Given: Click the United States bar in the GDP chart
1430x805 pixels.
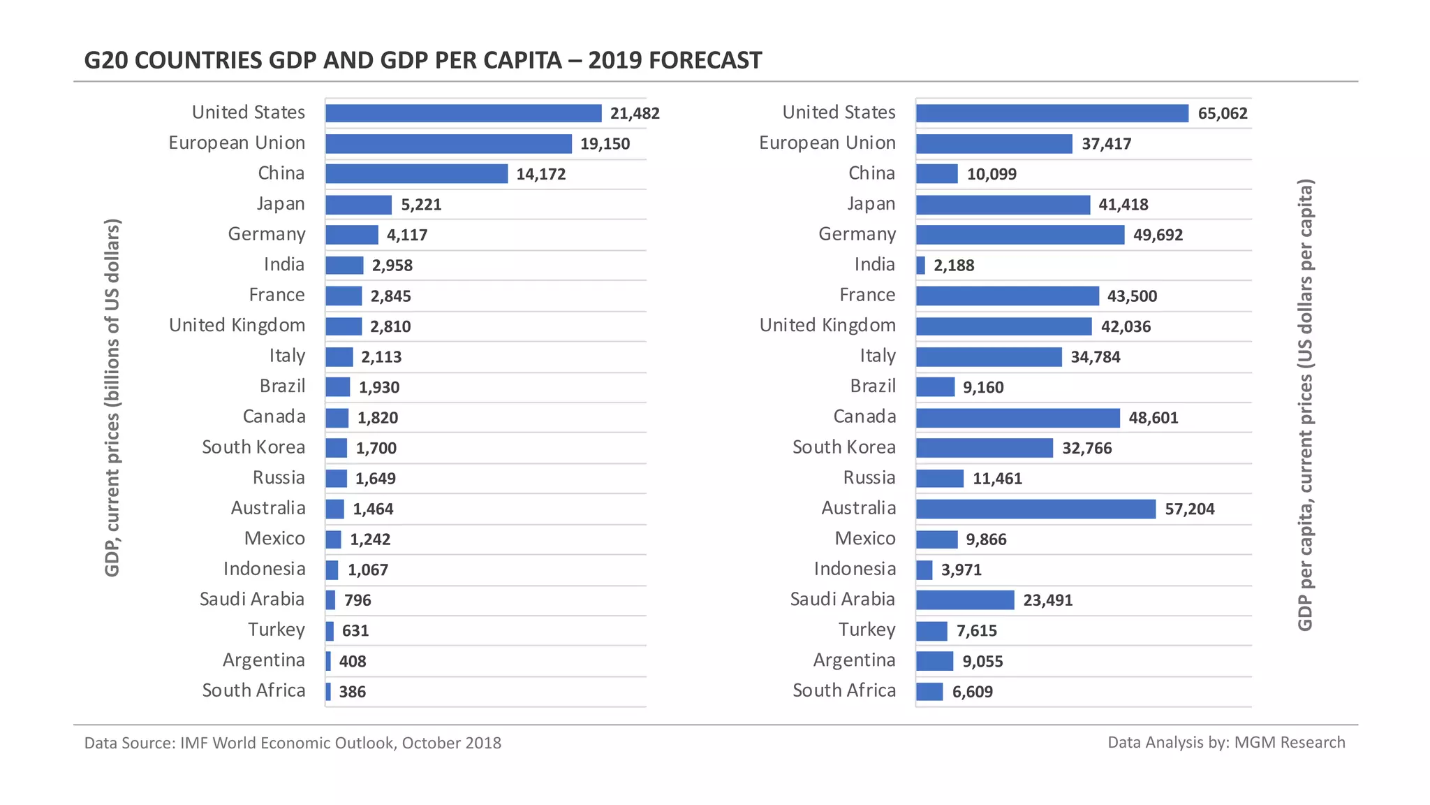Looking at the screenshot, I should click(x=463, y=113).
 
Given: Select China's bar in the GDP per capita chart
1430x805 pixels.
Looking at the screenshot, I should click(x=936, y=174).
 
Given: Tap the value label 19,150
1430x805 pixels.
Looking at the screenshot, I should click(x=605, y=144).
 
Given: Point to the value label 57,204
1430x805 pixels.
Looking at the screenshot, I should click(x=1189, y=509).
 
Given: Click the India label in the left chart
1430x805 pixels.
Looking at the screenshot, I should click(x=284, y=265).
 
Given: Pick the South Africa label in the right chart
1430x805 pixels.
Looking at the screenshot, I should click(x=843, y=690).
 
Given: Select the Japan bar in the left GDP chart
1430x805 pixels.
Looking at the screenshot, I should click(x=358, y=205).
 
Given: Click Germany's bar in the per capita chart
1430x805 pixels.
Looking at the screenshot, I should click(x=1019, y=235).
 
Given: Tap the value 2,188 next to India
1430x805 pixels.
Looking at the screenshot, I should click(x=954, y=266).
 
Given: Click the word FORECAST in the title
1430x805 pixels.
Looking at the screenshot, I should click(x=705, y=61).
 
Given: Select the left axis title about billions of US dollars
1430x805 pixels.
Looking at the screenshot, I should click(x=112, y=398).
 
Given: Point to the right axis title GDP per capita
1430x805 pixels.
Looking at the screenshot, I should click(x=1305, y=405).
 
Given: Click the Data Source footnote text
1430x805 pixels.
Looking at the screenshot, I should click(x=293, y=743).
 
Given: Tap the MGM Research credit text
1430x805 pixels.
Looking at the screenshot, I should click(x=1226, y=742).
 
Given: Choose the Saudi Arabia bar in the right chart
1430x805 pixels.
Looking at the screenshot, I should click(x=964, y=600).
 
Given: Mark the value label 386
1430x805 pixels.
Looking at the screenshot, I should click(x=352, y=692).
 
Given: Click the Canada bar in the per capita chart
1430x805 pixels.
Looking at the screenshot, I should click(x=1017, y=418).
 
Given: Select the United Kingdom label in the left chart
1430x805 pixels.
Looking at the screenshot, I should click(x=237, y=326).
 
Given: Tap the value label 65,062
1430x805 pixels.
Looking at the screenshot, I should click(x=1222, y=113).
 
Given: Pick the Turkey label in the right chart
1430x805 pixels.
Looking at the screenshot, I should click(x=867, y=630).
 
